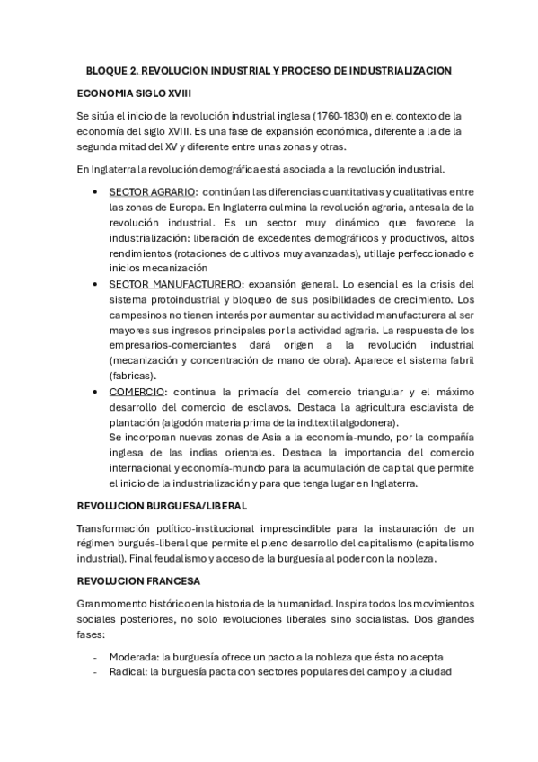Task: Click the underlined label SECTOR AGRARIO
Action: [x=151, y=191]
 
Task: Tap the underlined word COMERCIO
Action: [x=137, y=393]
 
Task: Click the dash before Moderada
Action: [x=95, y=658]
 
